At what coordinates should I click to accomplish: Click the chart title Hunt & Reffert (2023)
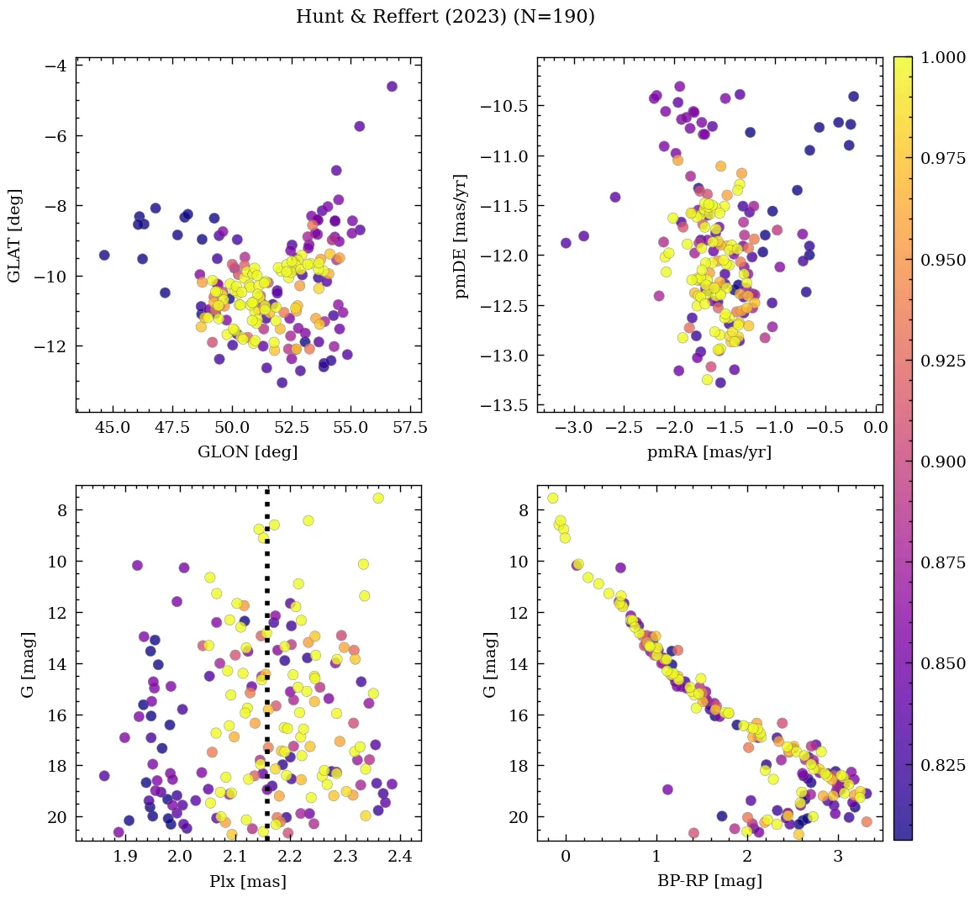pos(445,17)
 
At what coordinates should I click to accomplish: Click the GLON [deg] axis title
pos(248,452)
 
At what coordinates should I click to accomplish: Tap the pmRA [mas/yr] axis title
pos(709,452)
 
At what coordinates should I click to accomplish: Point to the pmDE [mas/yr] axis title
pos(461,235)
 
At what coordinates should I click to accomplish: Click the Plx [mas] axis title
pos(248,881)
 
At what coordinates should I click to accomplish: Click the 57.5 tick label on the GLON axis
pos(410,428)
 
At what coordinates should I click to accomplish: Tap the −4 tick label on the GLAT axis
pos(58,66)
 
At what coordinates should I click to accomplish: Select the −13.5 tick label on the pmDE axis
pos(504,405)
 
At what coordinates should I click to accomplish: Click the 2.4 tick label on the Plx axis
pos(399,857)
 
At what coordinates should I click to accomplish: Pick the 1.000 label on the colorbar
pos(941,58)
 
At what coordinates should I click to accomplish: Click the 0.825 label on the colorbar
pos(941,765)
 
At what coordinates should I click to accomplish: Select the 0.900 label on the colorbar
pos(941,462)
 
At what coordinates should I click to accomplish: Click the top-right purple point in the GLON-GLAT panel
pos(392,87)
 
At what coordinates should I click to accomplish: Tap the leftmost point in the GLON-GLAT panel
pos(104,255)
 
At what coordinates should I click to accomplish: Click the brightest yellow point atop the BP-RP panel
pos(552,498)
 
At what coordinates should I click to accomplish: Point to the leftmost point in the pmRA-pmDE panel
pos(566,243)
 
